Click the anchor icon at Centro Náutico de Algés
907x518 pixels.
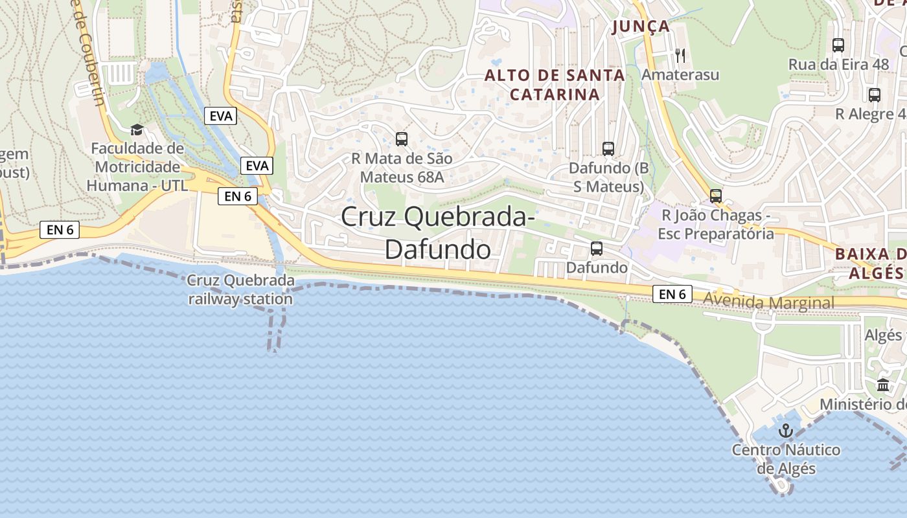tap(786, 431)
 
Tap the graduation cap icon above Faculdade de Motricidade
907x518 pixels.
tap(137, 130)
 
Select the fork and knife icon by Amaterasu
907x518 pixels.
tap(680, 55)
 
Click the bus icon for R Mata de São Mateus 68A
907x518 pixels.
tap(402, 139)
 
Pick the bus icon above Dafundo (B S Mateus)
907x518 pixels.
tap(608, 149)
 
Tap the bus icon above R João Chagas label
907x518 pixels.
tap(716, 196)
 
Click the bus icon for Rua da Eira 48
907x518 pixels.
tap(838, 45)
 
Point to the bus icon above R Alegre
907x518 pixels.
tap(875, 95)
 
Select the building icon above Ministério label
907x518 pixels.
tap(883, 385)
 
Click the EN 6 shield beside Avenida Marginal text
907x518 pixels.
tap(672, 295)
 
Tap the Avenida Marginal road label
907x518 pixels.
tap(769, 302)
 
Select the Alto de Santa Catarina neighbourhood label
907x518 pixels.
tap(555, 85)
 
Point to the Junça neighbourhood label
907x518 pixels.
tap(641, 27)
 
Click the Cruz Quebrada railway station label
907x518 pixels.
tap(240, 290)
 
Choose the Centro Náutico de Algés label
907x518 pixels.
tap(786, 459)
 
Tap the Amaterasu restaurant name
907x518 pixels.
tap(680, 75)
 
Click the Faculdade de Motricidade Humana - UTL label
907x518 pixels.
tap(137, 167)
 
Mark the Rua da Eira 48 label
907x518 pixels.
tap(838, 65)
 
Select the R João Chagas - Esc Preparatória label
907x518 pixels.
tap(716, 224)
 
